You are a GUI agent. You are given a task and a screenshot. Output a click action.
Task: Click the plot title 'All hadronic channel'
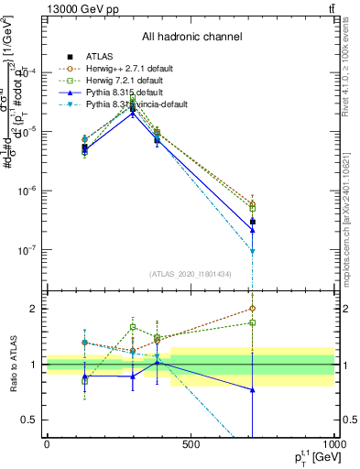(191, 37)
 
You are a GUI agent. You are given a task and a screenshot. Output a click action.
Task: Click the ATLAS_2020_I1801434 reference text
(191, 273)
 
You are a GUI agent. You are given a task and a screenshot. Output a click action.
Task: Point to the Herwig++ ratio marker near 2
(252, 309)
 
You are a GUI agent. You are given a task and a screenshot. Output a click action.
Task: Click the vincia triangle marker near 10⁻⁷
(252, 251)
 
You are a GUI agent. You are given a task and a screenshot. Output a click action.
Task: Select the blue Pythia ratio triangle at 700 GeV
(252, 390)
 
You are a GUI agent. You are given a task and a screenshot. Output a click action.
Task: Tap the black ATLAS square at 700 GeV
(252, 222)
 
